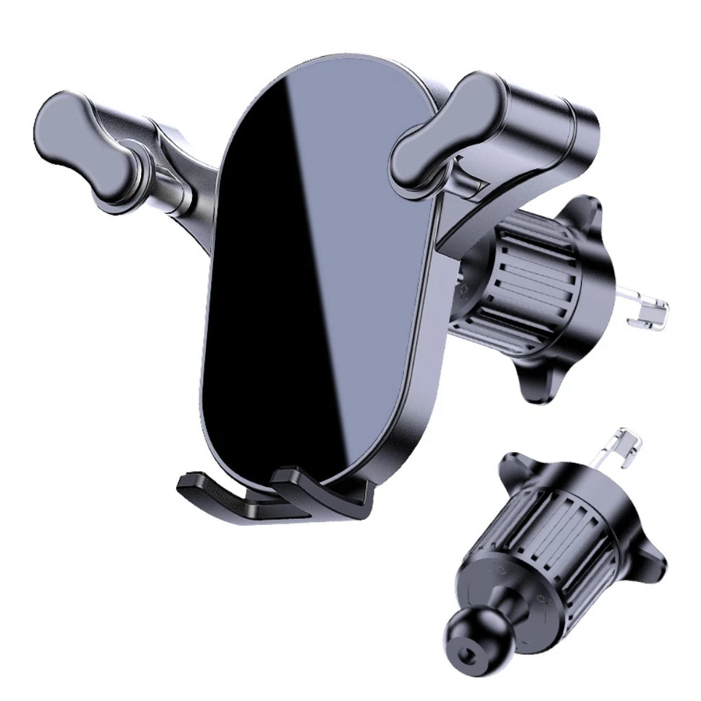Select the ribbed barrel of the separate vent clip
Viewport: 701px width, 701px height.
[555, 526]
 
